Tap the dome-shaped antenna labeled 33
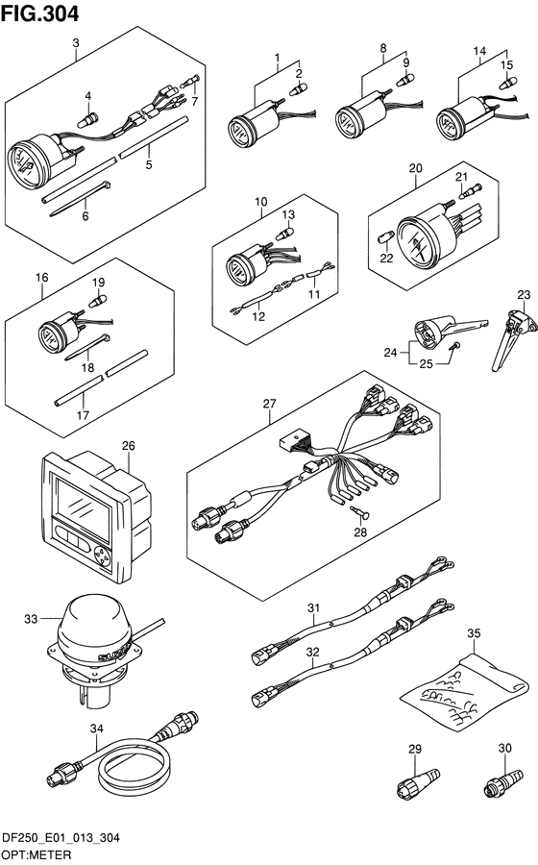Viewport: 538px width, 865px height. tap(91, 628)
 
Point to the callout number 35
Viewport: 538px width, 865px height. tap(473, 633)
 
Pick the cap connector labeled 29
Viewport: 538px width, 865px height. tap(413, 782)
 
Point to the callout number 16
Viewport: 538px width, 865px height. tap(41, 279)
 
